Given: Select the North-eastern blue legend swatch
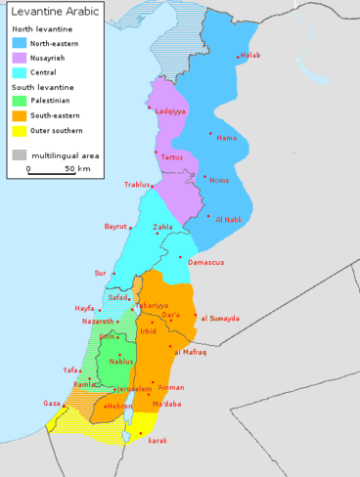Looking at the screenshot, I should point(20,43).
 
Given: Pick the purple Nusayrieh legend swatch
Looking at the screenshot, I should point(20,58).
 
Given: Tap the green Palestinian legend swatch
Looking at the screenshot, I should point(20,100).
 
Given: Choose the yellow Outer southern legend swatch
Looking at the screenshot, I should point(20,129).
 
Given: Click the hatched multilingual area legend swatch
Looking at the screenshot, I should point(20,154).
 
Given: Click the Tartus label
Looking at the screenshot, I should point(171,157).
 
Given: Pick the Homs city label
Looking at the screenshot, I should point(219,181).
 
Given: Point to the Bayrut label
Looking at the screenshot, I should point(116,227).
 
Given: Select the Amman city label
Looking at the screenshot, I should point(170,388).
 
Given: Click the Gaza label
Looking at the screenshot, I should point(52,403).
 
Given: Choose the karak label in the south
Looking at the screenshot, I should point(157,441).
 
